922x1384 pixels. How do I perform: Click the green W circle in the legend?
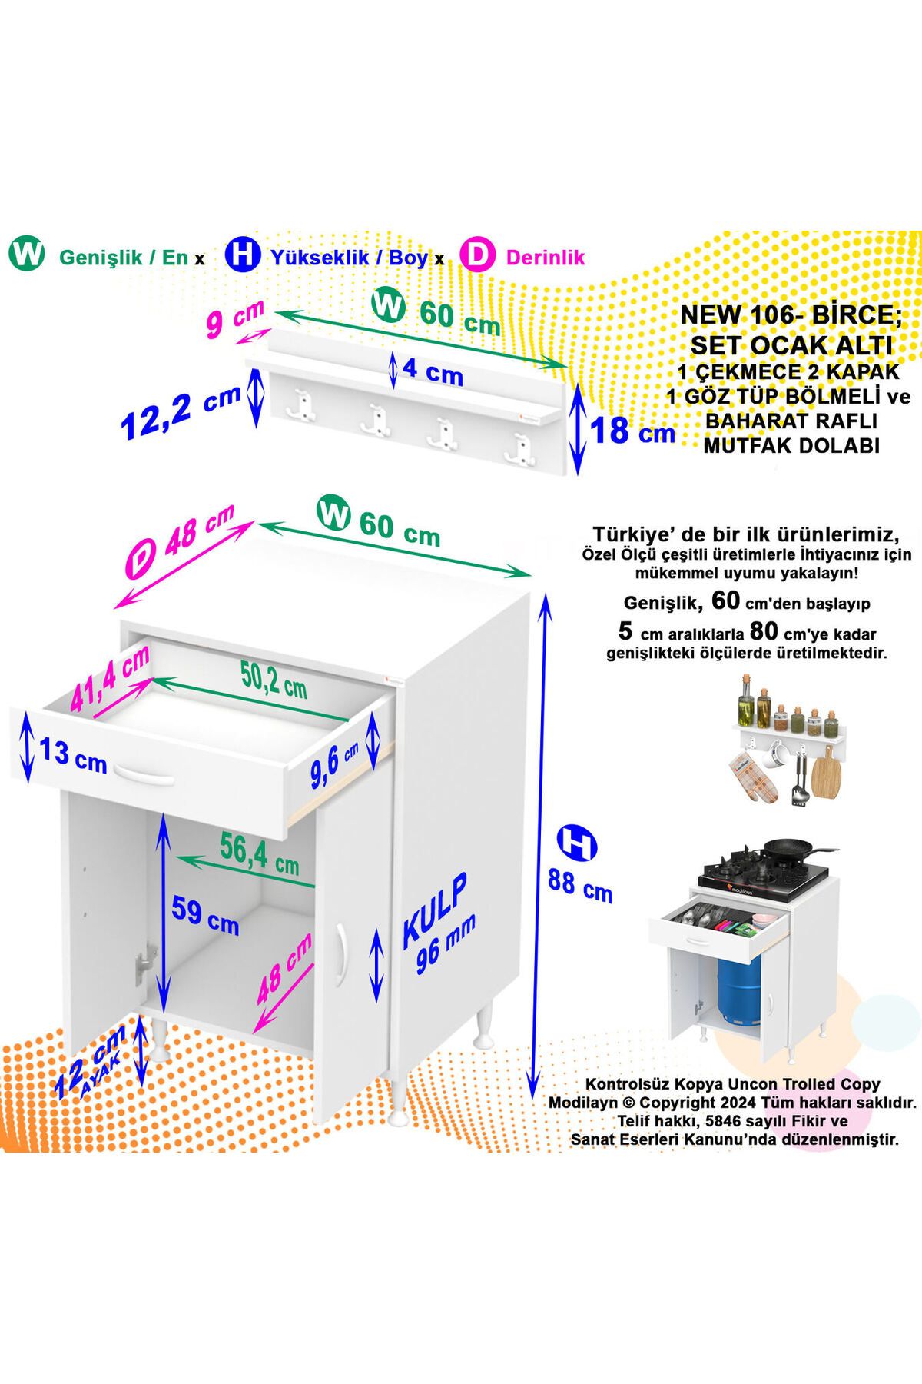(28, 255)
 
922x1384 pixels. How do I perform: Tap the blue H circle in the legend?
(243, 255)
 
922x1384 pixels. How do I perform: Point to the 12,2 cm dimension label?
(181, 413)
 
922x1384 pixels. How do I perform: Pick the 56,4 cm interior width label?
(259, 853)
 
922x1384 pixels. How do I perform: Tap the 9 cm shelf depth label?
(235, 320)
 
